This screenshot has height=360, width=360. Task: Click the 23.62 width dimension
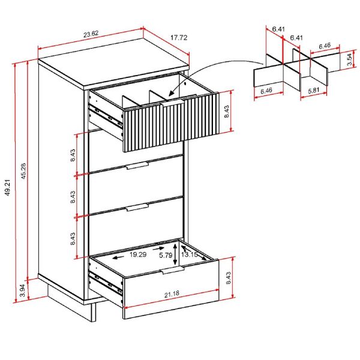91,34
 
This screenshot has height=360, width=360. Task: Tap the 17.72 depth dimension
179,38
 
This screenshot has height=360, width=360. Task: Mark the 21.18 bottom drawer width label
170,294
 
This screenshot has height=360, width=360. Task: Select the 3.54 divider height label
349,61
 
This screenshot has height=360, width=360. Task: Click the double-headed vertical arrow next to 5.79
175,254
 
